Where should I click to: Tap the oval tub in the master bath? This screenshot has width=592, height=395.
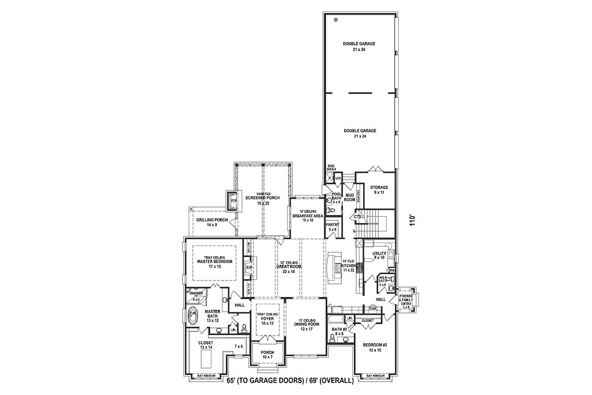(192, 316)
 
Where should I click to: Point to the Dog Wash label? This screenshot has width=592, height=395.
(331, 168)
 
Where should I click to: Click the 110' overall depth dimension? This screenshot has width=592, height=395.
(413, 219)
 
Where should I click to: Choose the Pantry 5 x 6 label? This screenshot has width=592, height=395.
(333, 227)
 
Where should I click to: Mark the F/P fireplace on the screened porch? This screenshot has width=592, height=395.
(233, 201)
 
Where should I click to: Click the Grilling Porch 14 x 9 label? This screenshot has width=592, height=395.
(212, 222)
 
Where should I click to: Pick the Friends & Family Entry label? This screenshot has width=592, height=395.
(406, 301)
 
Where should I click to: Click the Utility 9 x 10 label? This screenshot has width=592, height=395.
(379, 256)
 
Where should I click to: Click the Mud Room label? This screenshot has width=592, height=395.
(350, 197)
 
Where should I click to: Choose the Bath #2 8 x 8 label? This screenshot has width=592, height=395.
(339, 332)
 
